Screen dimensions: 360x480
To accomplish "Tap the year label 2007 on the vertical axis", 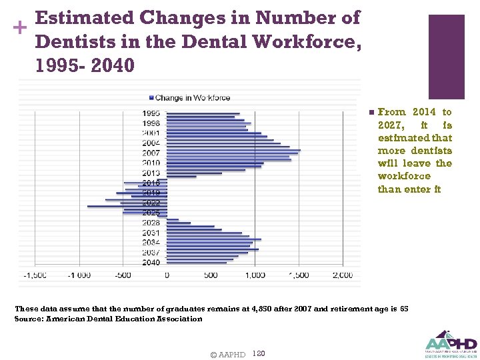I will coord(151,153).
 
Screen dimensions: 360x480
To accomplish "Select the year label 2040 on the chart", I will coord(151,262).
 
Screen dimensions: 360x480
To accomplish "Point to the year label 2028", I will coord(151,223).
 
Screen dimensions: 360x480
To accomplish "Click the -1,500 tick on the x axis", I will coord(35,275).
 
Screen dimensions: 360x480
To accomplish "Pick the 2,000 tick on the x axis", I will coord(342,275).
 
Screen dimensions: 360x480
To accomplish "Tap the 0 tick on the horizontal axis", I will coord(167,275).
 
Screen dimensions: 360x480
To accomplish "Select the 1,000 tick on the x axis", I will coord(255,275).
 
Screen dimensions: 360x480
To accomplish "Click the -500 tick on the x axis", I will coord(123,275).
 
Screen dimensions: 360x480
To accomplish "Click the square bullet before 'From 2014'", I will coord(371,112).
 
